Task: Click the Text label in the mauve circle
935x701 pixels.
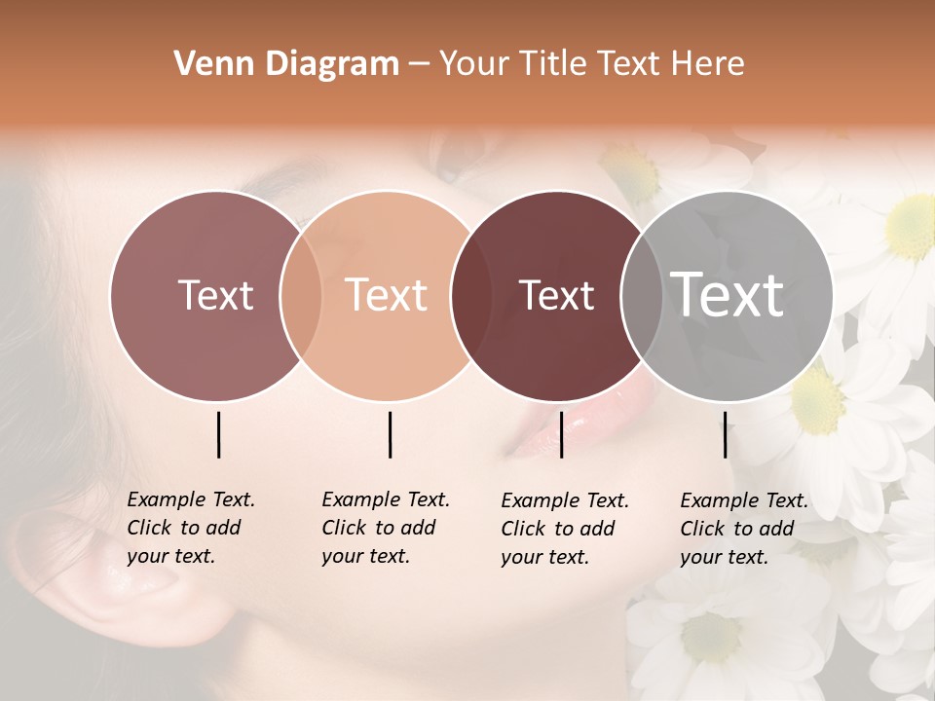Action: point(215,295)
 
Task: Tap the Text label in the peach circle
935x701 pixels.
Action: point(387,295)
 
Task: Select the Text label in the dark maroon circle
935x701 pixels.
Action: point(557,295)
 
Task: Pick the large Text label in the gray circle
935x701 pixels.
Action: point(728,295)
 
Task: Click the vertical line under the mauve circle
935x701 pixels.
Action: point(218,434)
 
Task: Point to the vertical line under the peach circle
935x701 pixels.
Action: point(390,434)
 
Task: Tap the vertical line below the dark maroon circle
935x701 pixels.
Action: point(561,434)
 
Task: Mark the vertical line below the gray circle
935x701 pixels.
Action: point(725,434)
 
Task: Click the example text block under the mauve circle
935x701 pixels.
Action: point(191,528)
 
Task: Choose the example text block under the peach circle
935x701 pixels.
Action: point(386,528)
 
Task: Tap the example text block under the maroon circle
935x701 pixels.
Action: point(565,529)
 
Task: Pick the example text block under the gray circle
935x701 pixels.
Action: point(744,529)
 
